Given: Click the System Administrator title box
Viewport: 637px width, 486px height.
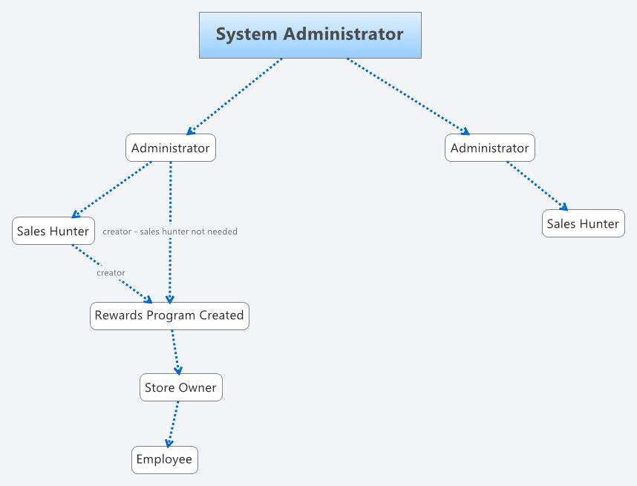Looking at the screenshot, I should click(310, 35).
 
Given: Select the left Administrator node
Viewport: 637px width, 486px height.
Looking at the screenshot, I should click(170, 148).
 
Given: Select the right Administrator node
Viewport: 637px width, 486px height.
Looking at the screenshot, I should click(489, 148).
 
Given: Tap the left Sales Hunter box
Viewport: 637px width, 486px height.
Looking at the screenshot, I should click(53, 231).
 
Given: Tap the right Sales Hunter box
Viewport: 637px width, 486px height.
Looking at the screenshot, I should click(583, 223).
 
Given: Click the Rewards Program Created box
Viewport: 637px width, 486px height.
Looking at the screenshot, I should click(169, 315).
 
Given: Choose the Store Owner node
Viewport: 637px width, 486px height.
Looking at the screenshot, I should click(180, 387).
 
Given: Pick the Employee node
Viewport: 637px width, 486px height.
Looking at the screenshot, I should click(164, 459).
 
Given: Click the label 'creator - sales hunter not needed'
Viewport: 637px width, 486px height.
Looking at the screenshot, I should click(170, 231).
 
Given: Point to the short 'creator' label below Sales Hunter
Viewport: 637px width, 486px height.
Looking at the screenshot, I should click(111, 273).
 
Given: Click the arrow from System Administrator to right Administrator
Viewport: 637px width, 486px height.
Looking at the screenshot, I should click(408, 96).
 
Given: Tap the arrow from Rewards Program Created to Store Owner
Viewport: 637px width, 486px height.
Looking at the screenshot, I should click(176, 352).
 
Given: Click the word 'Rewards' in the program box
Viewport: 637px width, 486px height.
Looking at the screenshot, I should click(118, 315).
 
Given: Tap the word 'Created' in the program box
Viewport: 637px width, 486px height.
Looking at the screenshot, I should click(220, 315).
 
